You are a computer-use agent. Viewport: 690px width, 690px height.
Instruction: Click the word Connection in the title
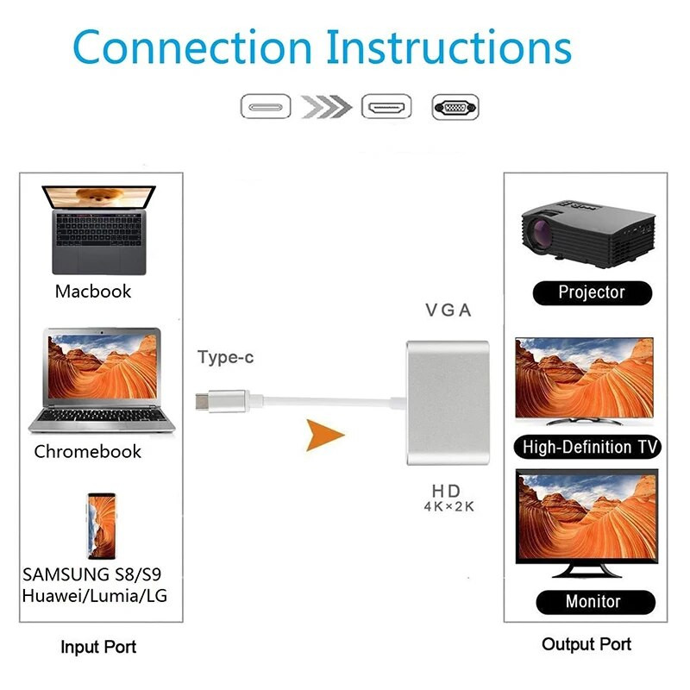191,47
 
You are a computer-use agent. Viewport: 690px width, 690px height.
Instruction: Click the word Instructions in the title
449,47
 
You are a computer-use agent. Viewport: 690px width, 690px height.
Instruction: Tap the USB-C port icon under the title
264,108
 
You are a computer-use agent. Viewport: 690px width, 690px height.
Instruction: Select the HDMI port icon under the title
386,108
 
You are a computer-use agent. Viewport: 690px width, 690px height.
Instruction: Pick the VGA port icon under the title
455,108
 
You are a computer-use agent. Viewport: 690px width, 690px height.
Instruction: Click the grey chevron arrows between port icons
325,108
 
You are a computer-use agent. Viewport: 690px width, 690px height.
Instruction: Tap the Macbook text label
93,291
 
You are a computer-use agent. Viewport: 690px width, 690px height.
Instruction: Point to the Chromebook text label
88,451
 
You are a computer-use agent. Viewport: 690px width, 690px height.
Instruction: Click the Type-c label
226,357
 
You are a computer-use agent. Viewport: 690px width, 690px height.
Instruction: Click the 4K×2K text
448,507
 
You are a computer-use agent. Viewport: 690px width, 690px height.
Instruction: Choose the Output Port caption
586,644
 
